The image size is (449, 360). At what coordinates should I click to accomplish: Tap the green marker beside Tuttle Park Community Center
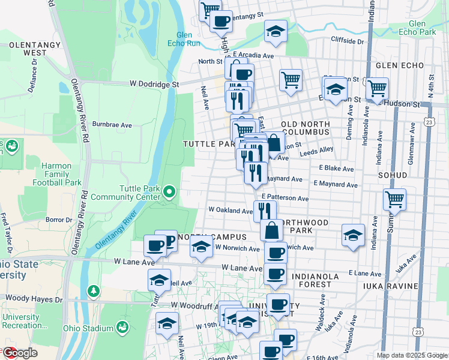(x=169, y=192)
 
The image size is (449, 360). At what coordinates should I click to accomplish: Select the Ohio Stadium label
(x=90, y=328)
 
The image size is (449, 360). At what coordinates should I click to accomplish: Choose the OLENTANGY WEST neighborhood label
(x=34, y=49)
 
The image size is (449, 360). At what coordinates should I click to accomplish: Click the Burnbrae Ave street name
(x=112, y=125)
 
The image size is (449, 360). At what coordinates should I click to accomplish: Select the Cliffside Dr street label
(x=348, y=41)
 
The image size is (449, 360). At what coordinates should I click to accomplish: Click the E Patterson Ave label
(x=285, y=198)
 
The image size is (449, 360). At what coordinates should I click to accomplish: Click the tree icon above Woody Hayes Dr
(x=93, y=291)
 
